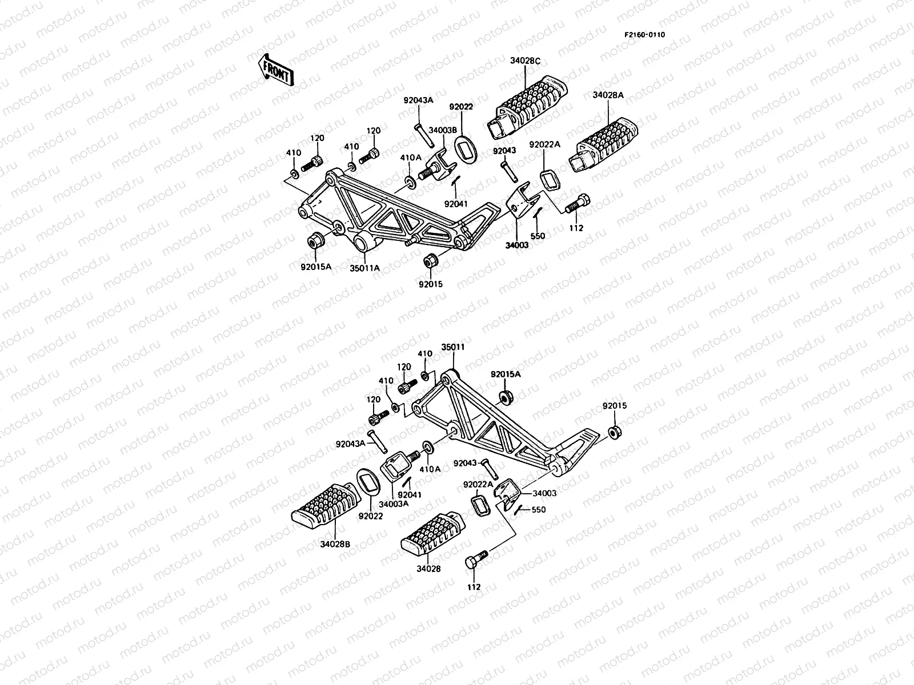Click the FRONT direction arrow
click(x=275, y=70)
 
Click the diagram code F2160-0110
click(x=644, y=34)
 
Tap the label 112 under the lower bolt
click(x=474, y=587)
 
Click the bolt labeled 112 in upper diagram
click(x=577, y=205)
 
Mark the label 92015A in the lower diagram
click(x=506, y=374)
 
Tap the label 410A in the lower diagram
click(x=430, y=469)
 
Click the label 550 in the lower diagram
click(x=538, y=510)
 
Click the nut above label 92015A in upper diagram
click(x=315, y=240)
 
